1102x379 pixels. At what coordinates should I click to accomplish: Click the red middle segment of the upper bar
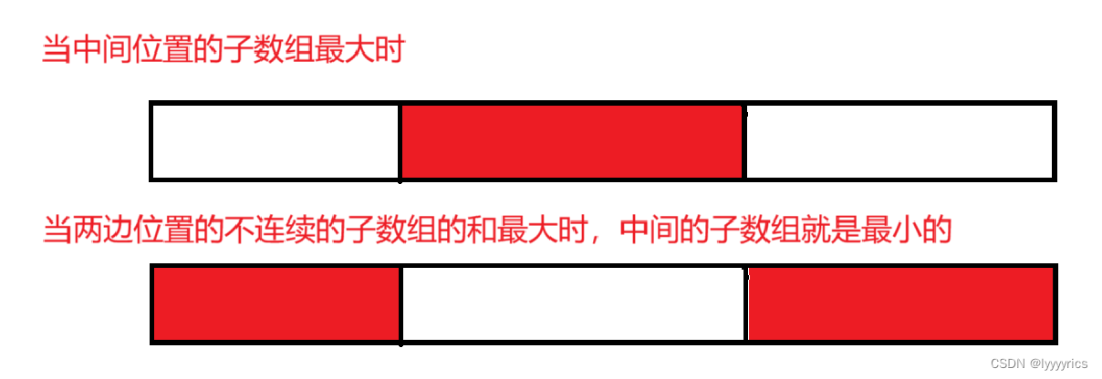click(x=572, y=142)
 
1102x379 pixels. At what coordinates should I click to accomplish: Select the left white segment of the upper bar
click(x=275, y=142)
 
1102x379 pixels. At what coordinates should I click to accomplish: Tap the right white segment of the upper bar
click(x=899, y=142)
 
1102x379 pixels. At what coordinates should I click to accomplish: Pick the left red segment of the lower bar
click(x=276, y=304)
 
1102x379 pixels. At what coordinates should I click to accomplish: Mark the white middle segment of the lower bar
click(x=573, y=304)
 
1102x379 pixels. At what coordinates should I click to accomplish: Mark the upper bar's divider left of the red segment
click(x=400, y=142)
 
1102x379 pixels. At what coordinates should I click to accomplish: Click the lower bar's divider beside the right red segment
click(x=745, y=304)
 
